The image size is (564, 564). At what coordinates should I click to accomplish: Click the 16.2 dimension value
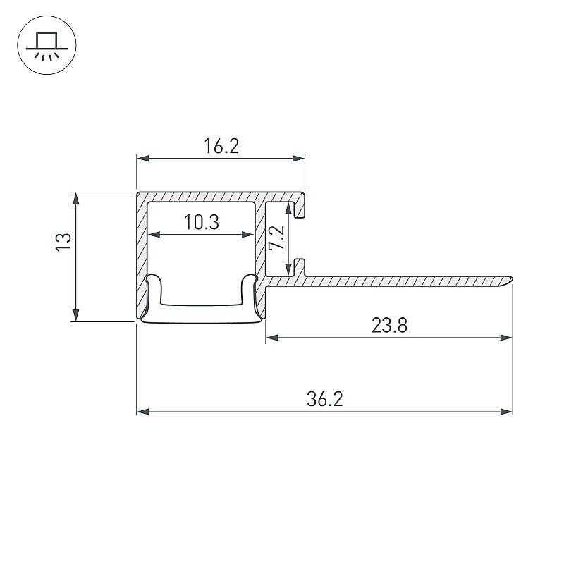point(221,146)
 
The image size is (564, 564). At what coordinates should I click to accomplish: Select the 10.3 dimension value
point(202,222)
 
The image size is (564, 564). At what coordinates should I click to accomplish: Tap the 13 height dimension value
point(64,242)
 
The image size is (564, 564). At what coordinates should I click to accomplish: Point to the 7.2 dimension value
point(277,238)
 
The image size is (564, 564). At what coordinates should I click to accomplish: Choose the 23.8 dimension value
point(389,325)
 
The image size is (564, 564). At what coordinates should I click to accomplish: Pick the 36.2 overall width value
point(325,399)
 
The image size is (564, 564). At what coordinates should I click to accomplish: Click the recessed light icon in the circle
point(47,45)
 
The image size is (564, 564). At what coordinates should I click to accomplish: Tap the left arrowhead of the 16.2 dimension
point(143,158)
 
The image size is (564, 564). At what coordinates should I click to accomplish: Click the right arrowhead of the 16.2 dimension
point(298,158)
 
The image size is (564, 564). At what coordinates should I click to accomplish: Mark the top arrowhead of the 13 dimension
point(75,198)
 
